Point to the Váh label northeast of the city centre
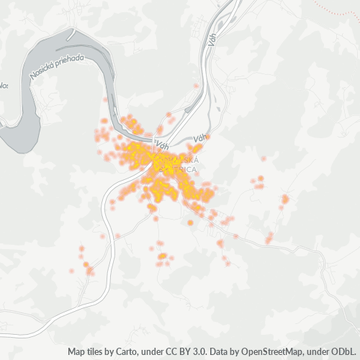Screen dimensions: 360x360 [201, 137]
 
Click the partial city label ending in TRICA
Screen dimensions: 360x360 [186, 169]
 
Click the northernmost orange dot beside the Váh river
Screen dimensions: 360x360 [196, 86]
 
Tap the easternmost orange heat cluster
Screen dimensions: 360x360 [285, 199]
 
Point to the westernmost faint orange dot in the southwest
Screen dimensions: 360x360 [71, 271]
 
